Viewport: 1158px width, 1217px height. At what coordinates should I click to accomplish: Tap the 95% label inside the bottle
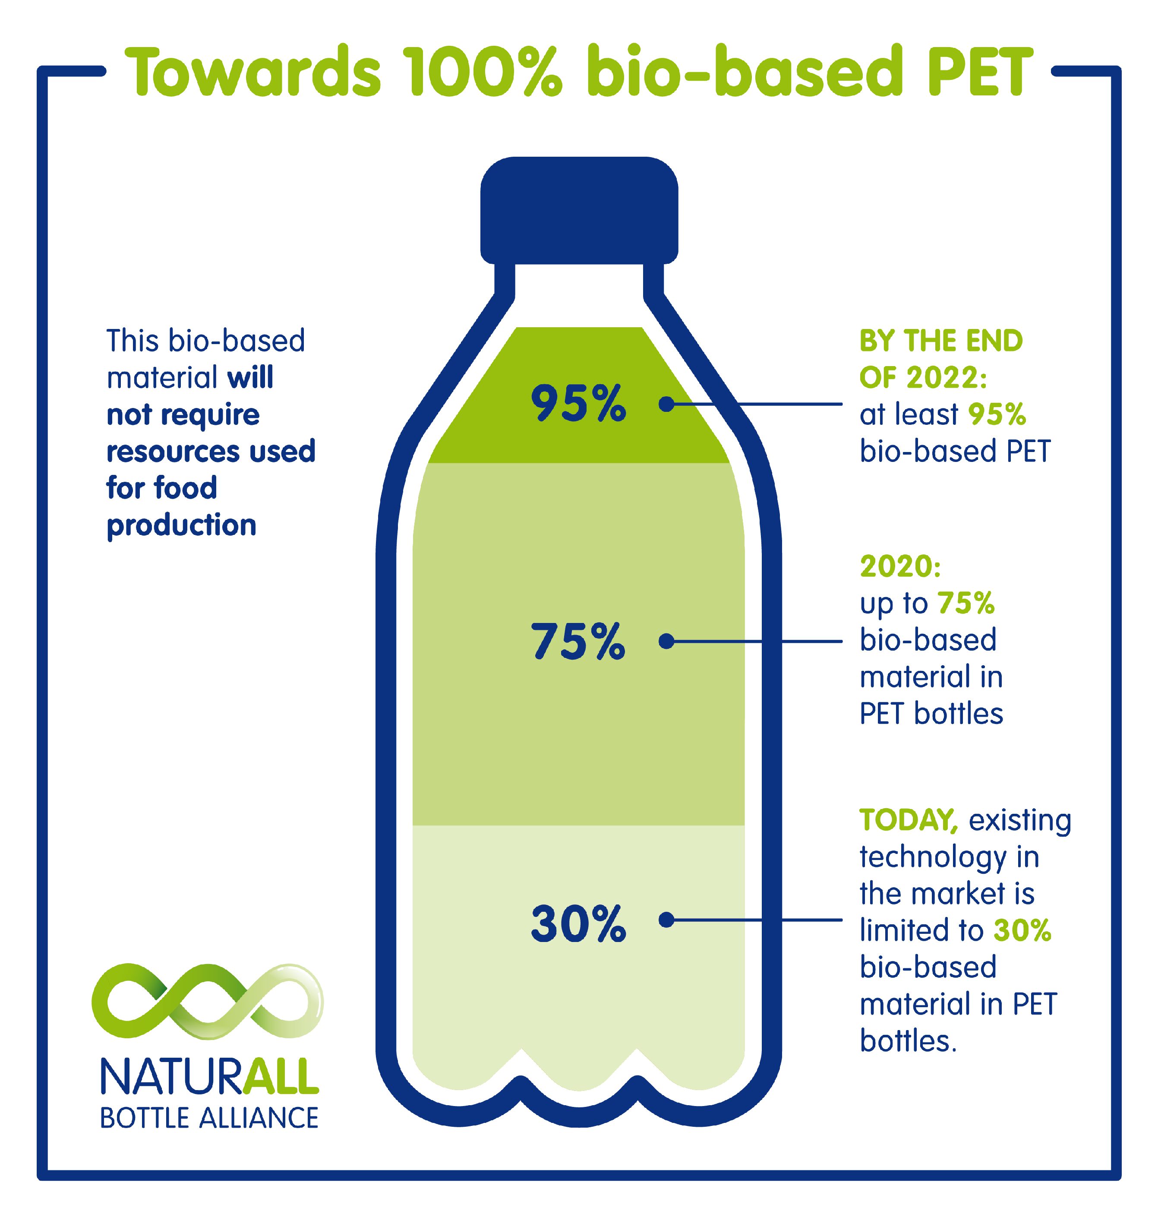[578, 404]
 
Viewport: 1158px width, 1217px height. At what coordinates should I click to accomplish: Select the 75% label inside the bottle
[578, 642]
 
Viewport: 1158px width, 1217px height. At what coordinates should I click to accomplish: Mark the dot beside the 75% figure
[666, 642]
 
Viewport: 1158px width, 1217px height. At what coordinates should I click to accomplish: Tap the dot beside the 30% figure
[666, 920]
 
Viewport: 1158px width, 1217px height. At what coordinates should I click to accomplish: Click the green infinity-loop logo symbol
[208, 1000]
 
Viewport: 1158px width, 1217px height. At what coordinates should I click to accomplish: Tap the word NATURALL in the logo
[209, 1078]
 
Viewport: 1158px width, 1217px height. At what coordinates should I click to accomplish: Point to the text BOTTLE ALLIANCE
[209, 1118]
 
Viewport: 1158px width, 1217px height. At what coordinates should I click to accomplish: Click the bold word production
[181, 525]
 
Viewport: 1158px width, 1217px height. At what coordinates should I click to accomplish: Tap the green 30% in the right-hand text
[1022, 930]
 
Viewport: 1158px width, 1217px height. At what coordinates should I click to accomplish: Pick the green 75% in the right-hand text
[966, 603]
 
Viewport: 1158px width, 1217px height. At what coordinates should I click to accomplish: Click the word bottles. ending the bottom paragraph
[908, 1041]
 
